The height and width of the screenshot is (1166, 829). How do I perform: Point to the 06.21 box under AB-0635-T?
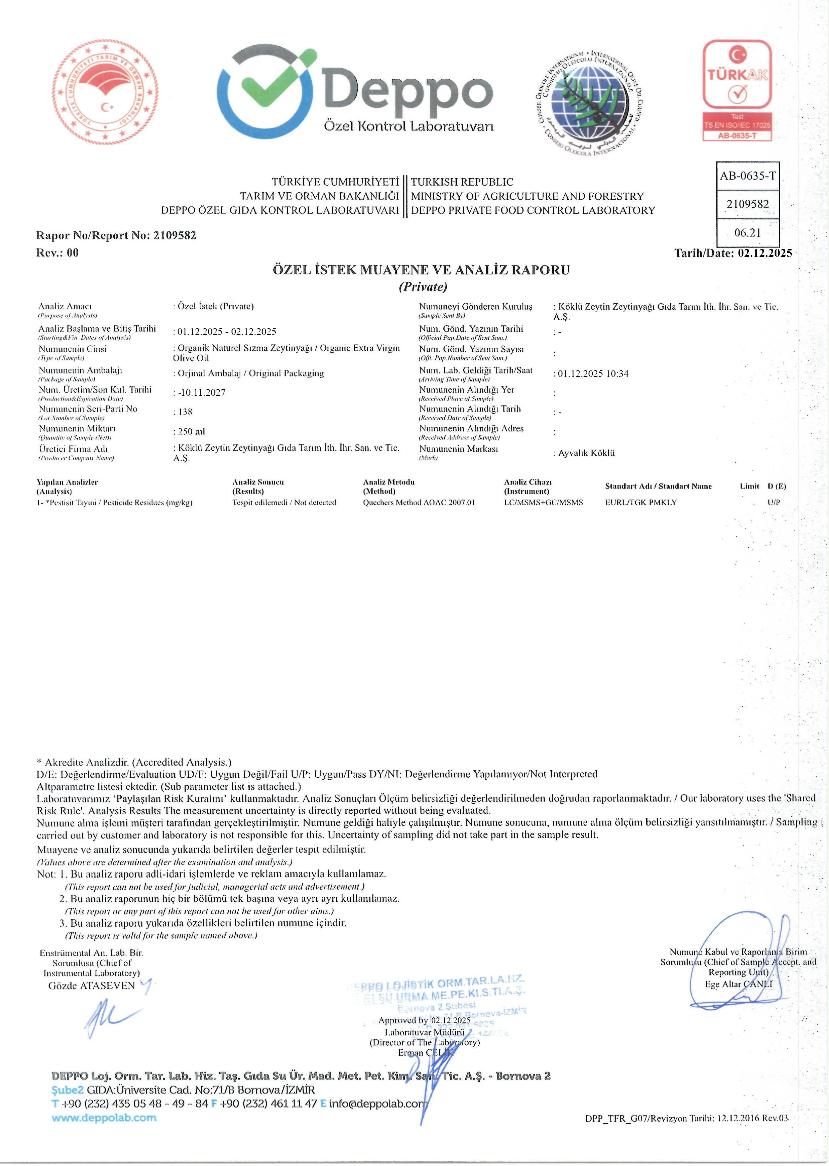tap(747, 233)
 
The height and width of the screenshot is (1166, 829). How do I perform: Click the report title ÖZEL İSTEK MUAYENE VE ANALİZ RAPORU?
tap(421, 270)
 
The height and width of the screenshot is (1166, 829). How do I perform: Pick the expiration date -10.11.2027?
tap(201, 393)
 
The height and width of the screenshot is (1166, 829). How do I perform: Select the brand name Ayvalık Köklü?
tap(586, 453)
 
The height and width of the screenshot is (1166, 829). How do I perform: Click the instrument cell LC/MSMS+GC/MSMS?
tap(543, 502)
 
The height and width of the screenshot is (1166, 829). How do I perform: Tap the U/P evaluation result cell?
tap(773, 502)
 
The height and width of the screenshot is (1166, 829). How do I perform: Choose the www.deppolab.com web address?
tap(104, 1118)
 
